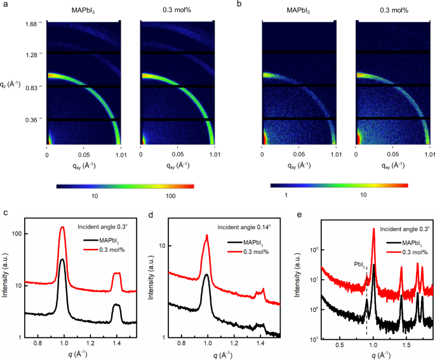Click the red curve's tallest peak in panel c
[62, 227]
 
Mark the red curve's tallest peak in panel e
[373, 230]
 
